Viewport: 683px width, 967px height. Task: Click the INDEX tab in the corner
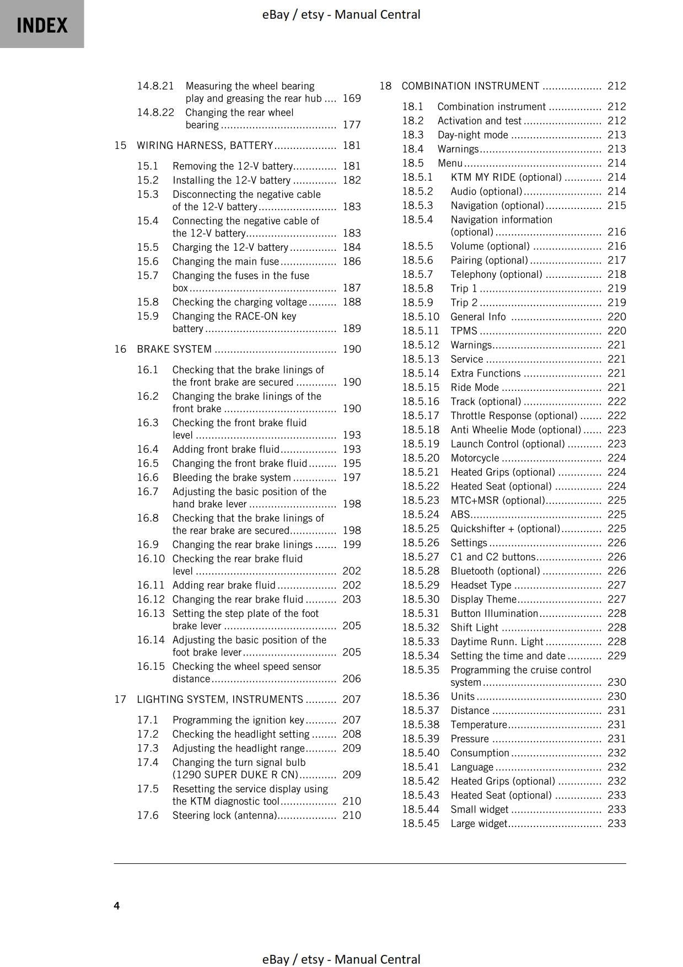point(42,25)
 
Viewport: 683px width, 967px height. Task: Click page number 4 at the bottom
point(117,905)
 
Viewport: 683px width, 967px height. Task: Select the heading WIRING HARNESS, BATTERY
point(205,145)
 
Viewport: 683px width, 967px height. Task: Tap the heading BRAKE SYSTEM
point(174,349)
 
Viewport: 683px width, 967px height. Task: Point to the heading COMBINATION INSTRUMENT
point(470,86)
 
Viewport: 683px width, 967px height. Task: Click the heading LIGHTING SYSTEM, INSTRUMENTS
point(219,699)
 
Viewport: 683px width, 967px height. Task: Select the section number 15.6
point(148,261)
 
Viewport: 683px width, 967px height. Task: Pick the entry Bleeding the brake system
point(232,477)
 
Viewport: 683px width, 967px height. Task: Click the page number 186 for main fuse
point(352,261)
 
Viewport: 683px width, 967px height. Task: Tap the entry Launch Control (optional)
point(507,444)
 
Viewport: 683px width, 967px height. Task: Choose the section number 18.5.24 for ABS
point(421,514)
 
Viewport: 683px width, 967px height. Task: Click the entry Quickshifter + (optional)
point(505,529)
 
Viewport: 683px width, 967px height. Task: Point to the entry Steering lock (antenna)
point(224,815)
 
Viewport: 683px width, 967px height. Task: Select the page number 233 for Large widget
point(616,823)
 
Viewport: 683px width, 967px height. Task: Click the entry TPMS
point(464,331)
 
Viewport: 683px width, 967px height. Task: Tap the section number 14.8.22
point(155,112)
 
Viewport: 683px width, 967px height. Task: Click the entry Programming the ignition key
point(238,720)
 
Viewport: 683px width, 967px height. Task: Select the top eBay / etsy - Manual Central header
point(341,14)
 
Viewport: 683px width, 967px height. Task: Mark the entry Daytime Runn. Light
point(497,642)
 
